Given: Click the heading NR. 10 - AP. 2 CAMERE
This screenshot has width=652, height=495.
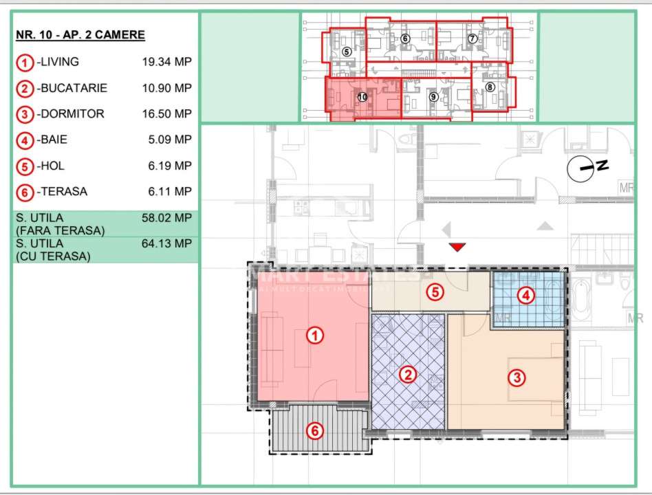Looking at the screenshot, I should pyautogui.click(x=80, y=35).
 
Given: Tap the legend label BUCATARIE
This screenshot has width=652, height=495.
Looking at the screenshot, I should pyautogui.click(x=73, y=88).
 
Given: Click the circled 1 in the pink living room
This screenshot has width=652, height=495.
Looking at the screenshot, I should pyautogui.click(x=314, y=335).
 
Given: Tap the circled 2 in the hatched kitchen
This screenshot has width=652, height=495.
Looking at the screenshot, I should pyautogui.click(x=408, y=375).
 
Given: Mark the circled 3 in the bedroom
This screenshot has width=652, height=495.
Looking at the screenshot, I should pyautogui.click(x=517, y=377).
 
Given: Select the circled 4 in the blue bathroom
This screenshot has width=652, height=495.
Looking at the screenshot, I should pyautogui.click(x=525, y=296).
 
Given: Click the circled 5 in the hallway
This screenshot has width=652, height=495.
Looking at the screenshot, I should pyautogui.click(x=433, y=291).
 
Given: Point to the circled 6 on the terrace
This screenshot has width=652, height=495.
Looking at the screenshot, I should pyautogui.click(x=314, y=431).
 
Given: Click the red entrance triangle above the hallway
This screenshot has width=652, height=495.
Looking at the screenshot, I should pyautogui.click(x=457, y=247).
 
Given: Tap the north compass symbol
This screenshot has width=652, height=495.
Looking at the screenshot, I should pyautogui.click(x=582, y=167).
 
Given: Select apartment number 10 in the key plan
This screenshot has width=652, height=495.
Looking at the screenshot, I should pyautogui.click(x=362, y=98).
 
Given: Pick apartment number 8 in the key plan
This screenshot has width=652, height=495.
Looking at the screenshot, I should pyautogui.click(x=490, y=87).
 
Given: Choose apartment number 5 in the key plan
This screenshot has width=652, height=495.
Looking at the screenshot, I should pyautogui.click(x=346, y=52).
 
